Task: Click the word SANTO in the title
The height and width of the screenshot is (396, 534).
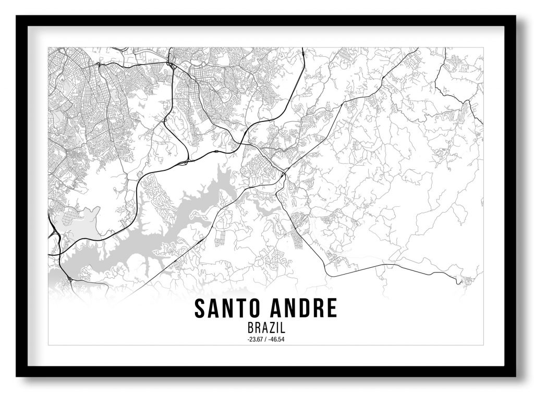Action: [225, 308]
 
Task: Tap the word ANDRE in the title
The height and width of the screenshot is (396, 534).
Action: [303, 308]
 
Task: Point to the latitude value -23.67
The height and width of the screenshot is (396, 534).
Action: [256, 340]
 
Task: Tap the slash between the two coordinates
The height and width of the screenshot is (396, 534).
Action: [266, 340]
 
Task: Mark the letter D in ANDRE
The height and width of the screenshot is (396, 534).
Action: [304, 308]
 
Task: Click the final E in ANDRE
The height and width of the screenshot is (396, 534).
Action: [332, 308]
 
